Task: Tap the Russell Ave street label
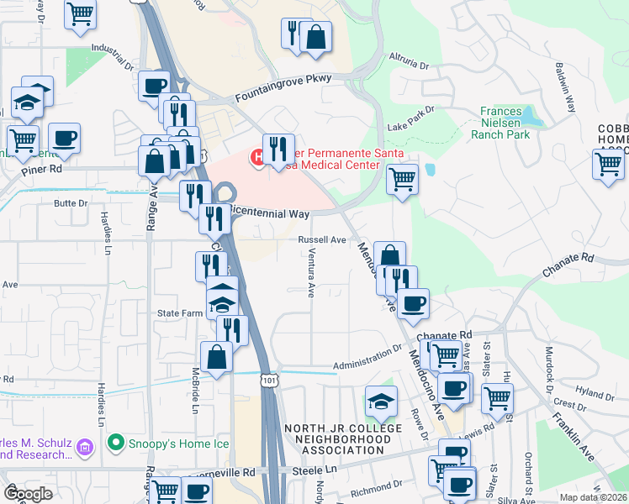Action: coord(322,239)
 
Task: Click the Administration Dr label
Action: coord(367,360)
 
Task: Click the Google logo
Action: coord(28,494)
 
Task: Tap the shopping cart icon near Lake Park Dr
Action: coord(403,178)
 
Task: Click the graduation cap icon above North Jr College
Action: coord(381,401)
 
